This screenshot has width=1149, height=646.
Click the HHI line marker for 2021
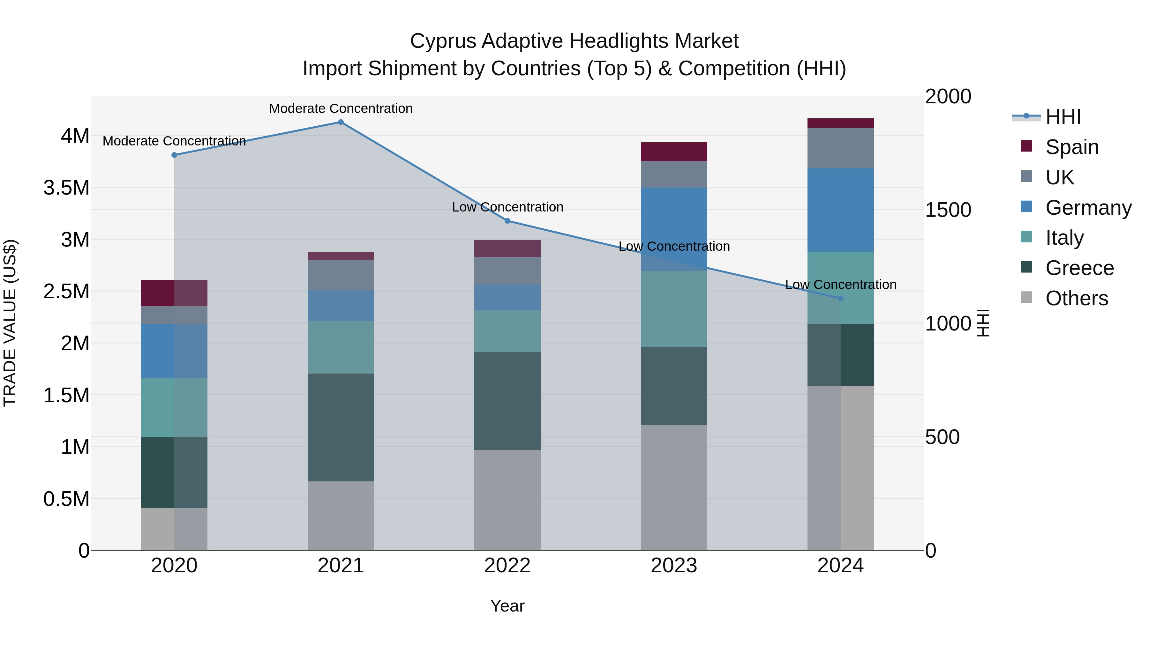point(341,122)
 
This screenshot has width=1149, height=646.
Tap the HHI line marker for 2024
point(840,298)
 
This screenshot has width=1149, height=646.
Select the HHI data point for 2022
point(507,221)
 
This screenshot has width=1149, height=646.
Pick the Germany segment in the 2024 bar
point(840,210)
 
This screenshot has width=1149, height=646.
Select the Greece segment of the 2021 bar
point(341,427)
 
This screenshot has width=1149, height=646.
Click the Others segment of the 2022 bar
point(507,499)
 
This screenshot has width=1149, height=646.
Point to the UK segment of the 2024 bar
point(840,148)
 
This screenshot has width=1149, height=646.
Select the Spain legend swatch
point(1026,146)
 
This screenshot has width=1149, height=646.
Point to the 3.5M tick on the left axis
point(66,188)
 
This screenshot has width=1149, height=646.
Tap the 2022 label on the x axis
point(507,566)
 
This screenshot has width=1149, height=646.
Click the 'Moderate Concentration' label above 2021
point(341,108)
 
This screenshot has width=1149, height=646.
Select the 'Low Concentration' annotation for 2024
point(840,285)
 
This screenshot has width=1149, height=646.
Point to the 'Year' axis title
point(507,606)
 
